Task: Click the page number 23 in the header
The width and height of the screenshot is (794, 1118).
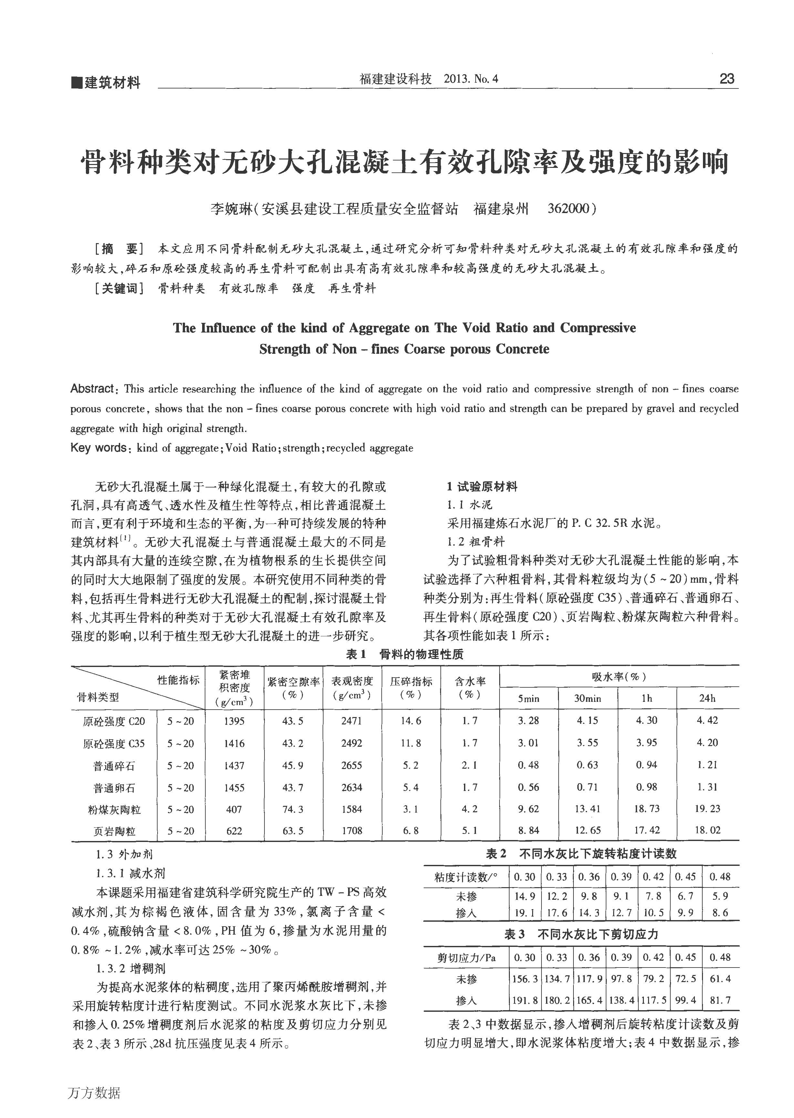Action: pos(727,79)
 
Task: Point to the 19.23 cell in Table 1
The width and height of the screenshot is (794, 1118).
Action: pos(707,809)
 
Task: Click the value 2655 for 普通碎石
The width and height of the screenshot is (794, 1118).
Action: pos(352,765)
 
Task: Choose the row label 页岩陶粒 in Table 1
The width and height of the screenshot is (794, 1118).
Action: pos(114,831)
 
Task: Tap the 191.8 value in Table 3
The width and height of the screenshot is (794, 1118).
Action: pos(525,1000)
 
